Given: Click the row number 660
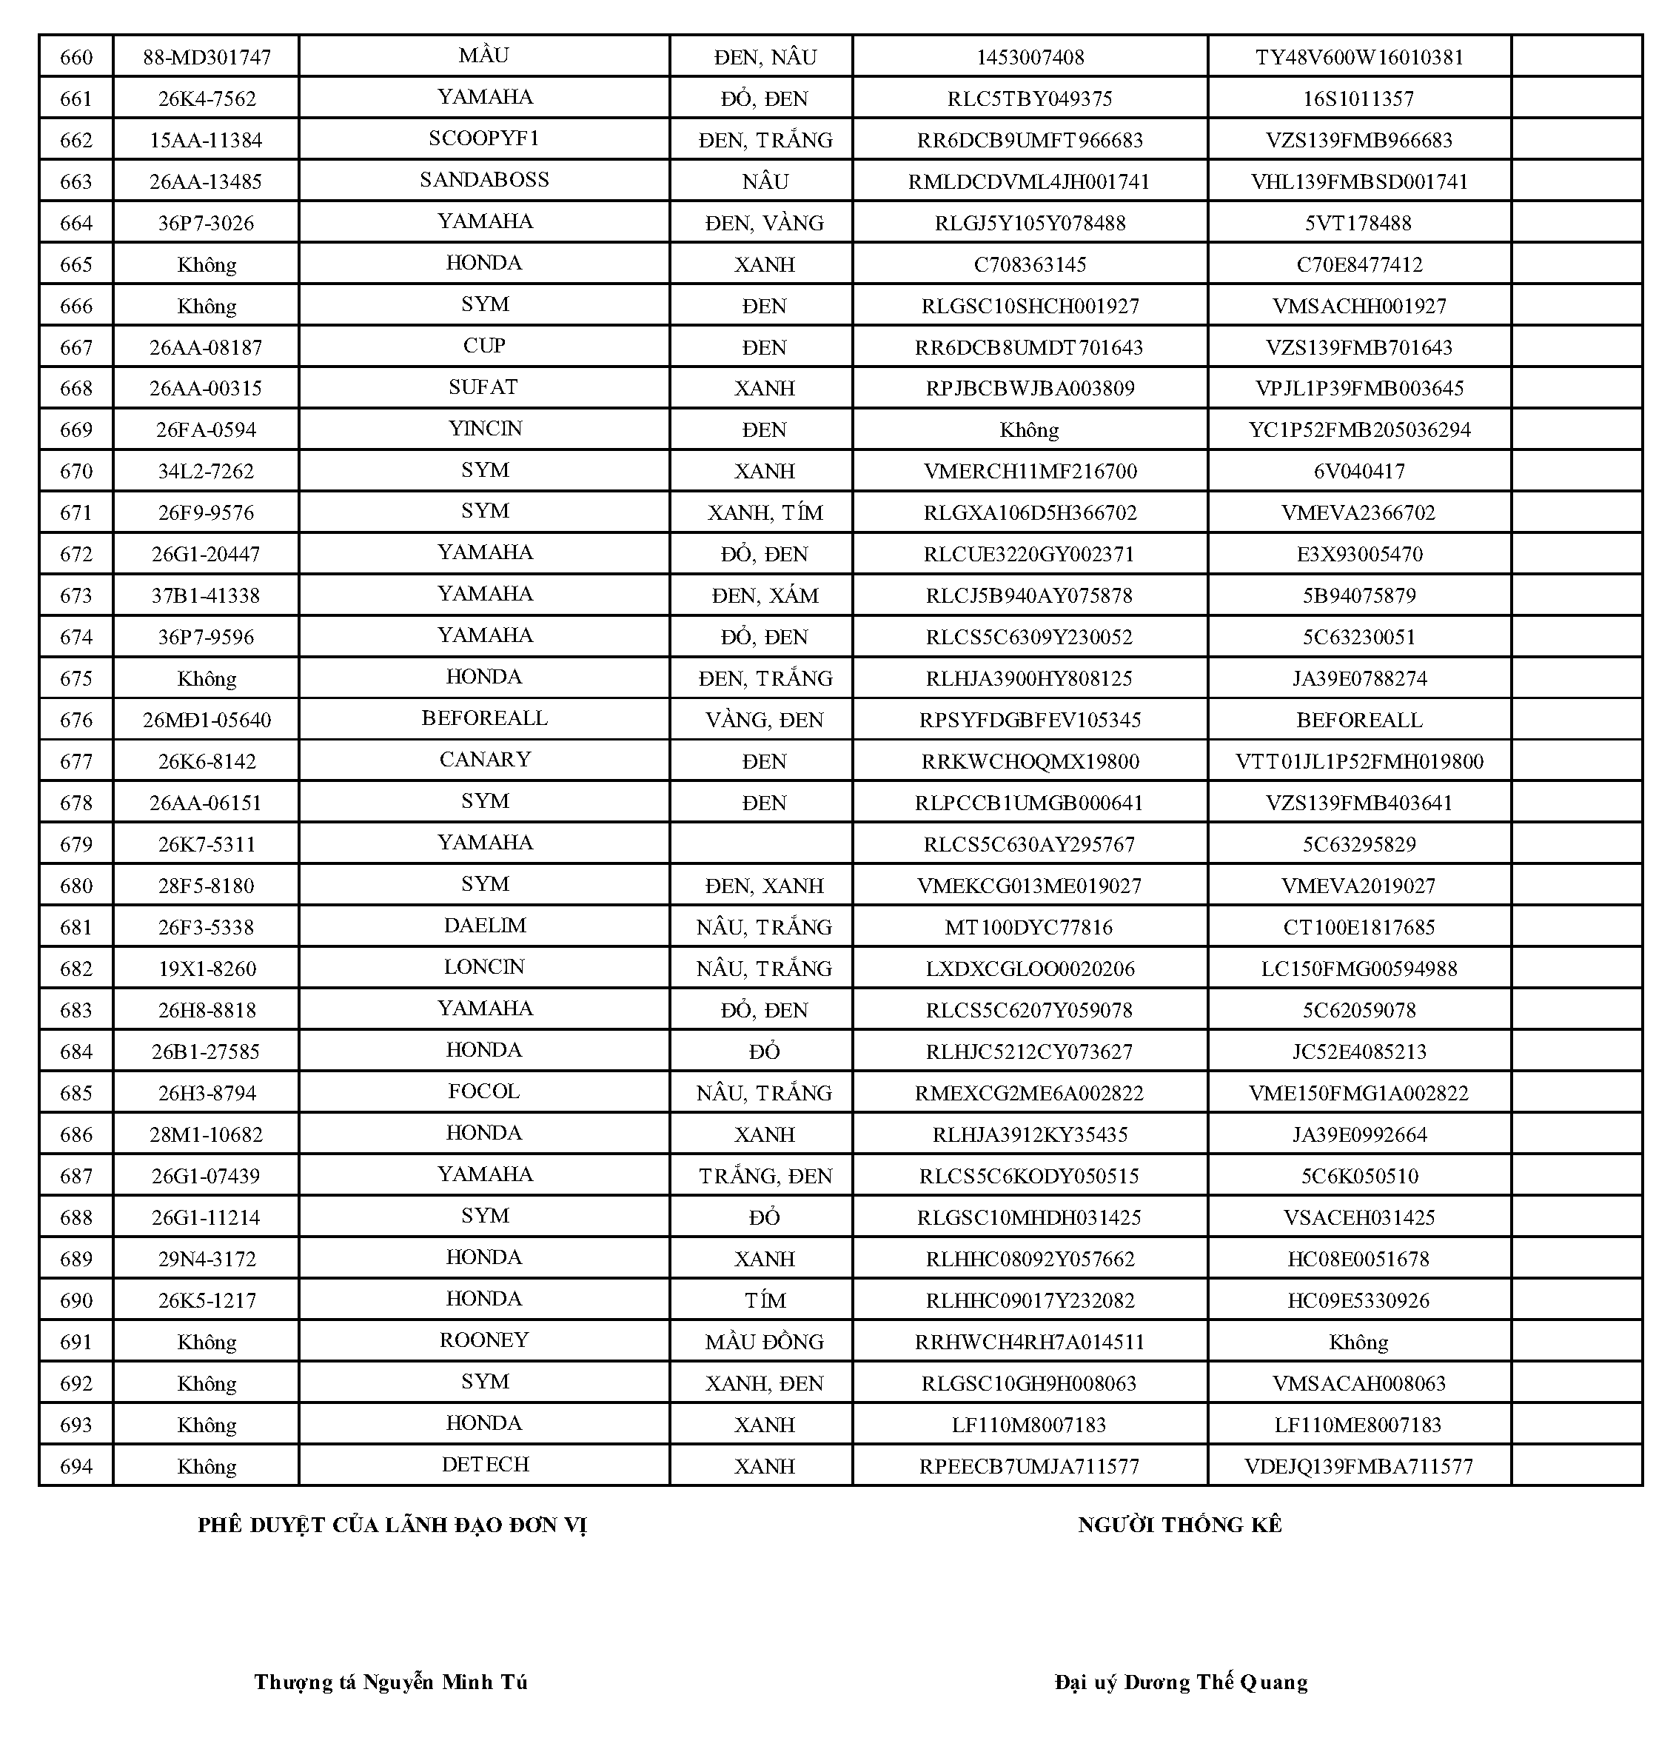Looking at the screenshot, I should click(76, 57).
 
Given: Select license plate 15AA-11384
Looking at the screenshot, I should click(206, 140).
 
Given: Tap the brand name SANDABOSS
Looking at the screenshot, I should click(484, 180).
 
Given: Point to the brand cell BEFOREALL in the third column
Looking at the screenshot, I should click(484, 718).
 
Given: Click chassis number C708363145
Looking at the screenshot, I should click(1029, 264).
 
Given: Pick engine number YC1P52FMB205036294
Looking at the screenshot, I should click(1359, 429).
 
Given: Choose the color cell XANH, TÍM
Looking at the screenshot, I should click(765, 513).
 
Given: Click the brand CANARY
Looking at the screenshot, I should click(484, 760).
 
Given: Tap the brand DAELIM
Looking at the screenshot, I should click(484, 926).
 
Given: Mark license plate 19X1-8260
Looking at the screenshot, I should click(206, 969).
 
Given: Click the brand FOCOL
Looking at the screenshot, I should click(484, 1091).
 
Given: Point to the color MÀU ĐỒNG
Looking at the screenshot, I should click(765, 1342).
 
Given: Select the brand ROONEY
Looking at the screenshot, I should click(484, 1340).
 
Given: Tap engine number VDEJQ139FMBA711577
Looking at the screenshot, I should click(1359, 1466).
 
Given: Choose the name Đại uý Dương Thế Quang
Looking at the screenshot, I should click(1180, 1682).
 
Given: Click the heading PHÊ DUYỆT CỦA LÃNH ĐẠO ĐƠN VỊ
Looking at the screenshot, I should click(392, 1525).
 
